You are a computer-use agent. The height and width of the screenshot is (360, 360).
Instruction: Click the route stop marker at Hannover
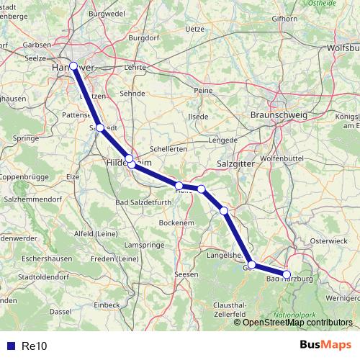pos(73,66)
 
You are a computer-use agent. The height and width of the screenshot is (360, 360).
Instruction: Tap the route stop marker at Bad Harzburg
pos(287,274)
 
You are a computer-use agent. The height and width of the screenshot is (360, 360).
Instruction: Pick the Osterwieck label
pos(328,241)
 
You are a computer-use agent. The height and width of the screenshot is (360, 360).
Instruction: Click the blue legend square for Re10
pos(10,346)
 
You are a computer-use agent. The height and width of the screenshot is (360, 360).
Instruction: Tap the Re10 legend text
pos(34,346)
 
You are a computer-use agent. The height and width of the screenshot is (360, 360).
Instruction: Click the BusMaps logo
pos(321,345)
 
